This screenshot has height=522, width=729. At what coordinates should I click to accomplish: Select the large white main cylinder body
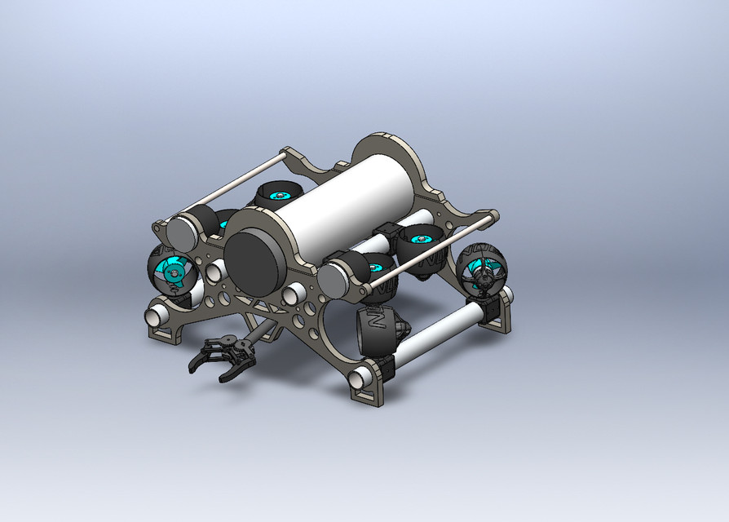tap(334, 204)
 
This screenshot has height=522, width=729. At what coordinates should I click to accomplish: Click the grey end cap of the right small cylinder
tap(334, 280)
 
